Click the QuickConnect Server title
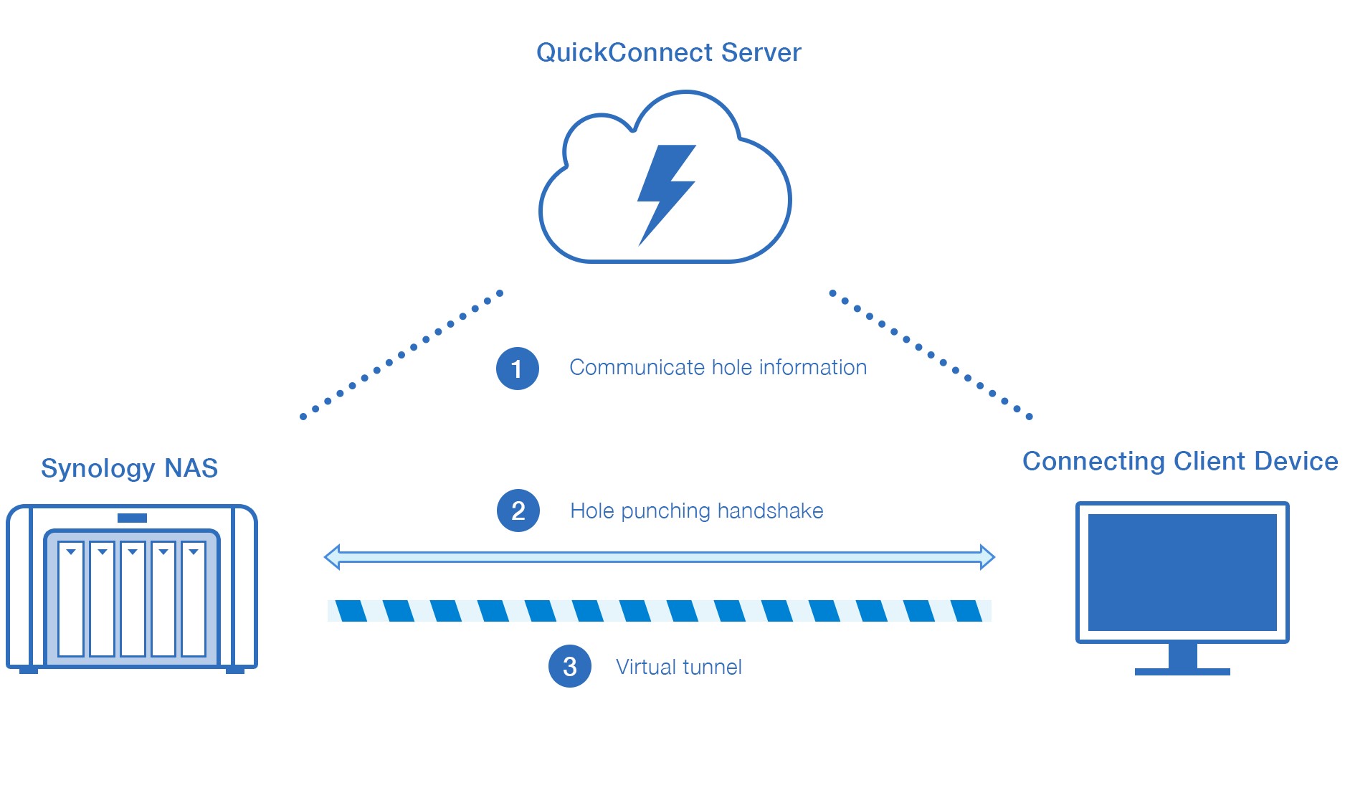668,52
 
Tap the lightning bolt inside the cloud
665,192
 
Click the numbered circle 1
517,369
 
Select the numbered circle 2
518,511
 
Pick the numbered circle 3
569,667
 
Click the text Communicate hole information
718,368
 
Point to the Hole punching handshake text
696,511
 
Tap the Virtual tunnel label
678,667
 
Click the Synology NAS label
129,468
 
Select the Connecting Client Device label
1179,461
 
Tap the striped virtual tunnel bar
659,611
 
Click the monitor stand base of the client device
1182,671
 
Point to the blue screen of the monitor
1182,572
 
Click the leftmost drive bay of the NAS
71,599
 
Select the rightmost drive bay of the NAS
194,599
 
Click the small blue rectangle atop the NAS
132,518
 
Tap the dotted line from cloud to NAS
401,355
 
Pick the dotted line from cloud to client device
930,354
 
